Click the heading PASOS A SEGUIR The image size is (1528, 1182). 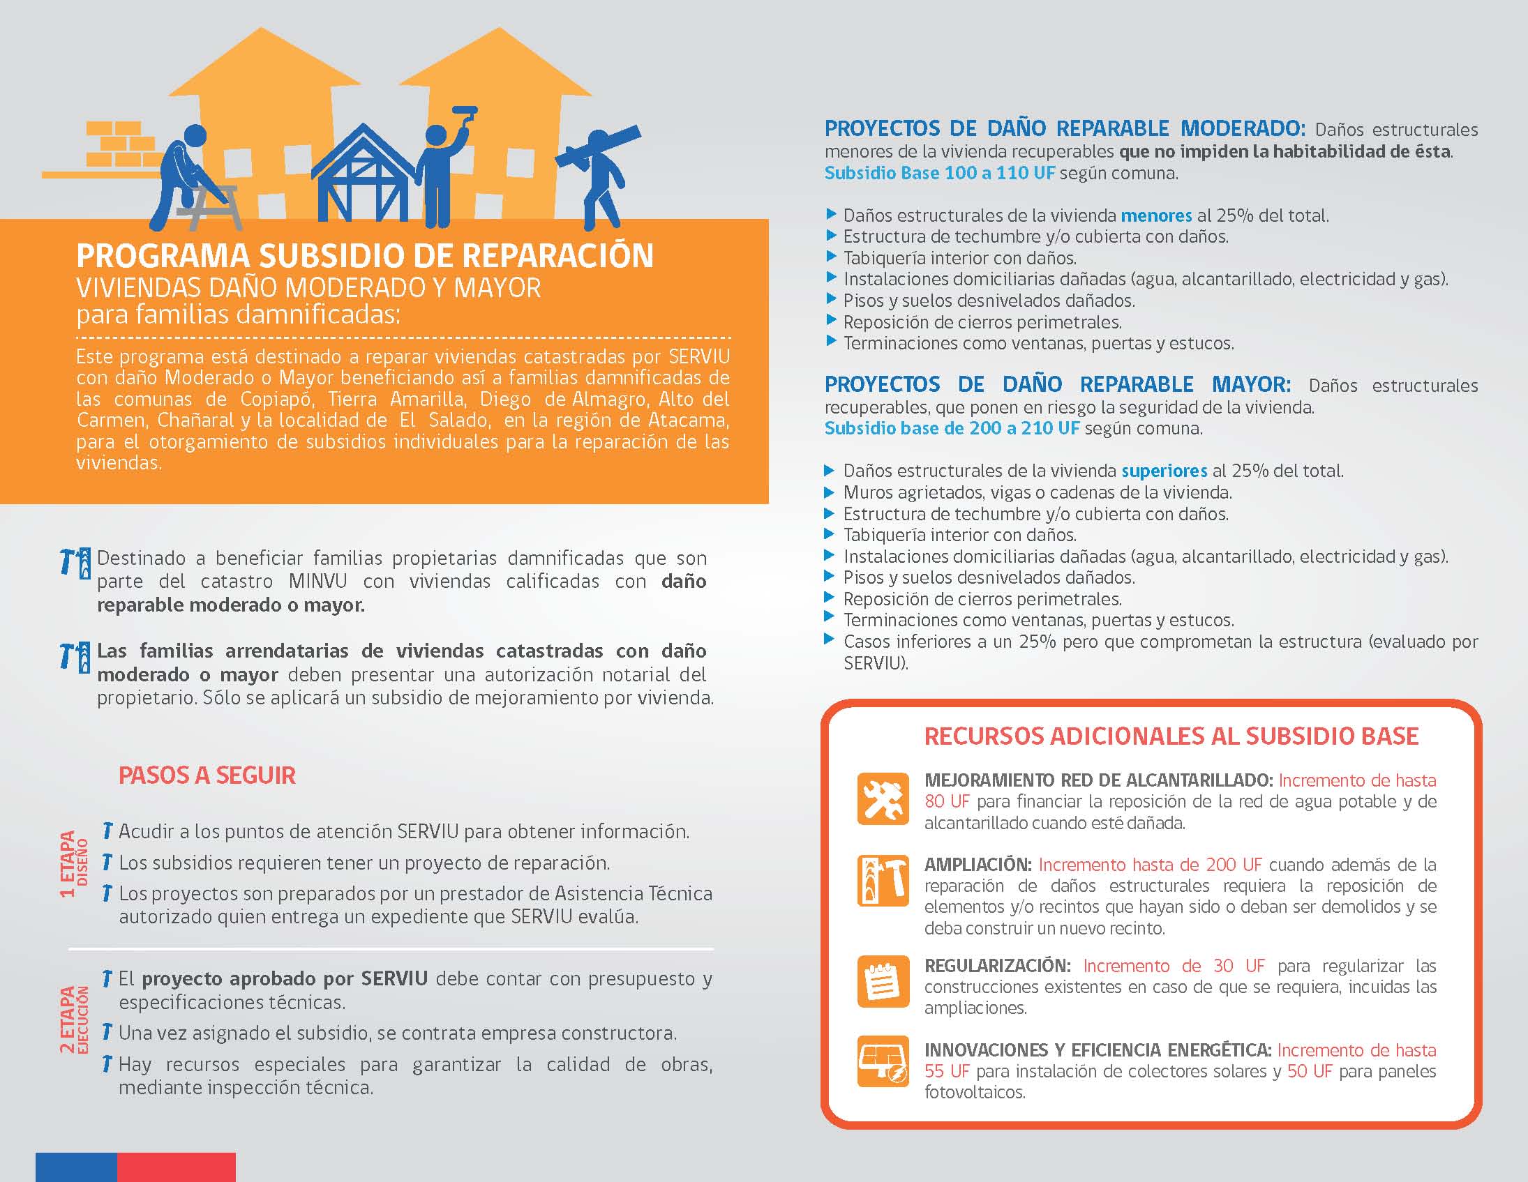(207, 775)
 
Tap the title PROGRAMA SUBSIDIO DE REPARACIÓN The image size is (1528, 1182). (364, 256)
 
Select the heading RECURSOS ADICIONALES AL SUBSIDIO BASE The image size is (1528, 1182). (1171, 736)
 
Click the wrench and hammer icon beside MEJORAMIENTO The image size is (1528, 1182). (882, 798)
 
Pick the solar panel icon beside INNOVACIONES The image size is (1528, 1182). (882, 1061)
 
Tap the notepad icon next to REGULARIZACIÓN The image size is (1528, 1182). (882, 980)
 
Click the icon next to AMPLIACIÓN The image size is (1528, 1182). (882, 881)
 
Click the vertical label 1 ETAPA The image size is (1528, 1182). (68, 865)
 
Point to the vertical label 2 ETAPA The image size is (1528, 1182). (68, 1019)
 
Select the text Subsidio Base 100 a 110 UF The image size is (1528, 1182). (939, 173)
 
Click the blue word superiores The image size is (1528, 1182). (1164, 471)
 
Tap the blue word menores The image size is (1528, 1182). (1156, 215)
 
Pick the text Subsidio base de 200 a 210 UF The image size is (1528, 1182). (952, 428)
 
